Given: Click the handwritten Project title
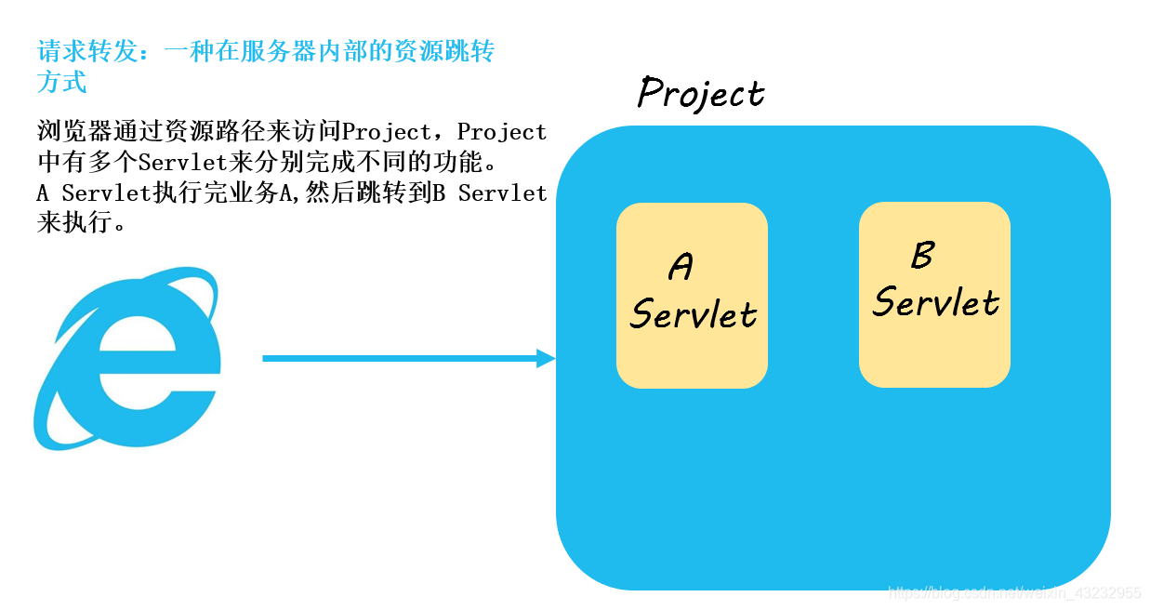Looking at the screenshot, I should coord(701,94).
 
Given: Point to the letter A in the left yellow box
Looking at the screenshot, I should coord(681,268).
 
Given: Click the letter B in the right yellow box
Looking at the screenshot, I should coord(922,255).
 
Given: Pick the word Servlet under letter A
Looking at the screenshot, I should coord(694,314).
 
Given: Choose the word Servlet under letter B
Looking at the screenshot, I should coord(935,302).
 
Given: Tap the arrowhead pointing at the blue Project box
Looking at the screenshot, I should coord(546,358).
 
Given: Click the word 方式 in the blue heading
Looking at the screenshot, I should coord(62,83).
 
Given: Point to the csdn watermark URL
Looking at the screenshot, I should coord(1014,592).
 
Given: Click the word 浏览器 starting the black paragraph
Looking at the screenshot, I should coord(74,132).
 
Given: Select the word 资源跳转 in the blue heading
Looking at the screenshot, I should coord(444,51).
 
